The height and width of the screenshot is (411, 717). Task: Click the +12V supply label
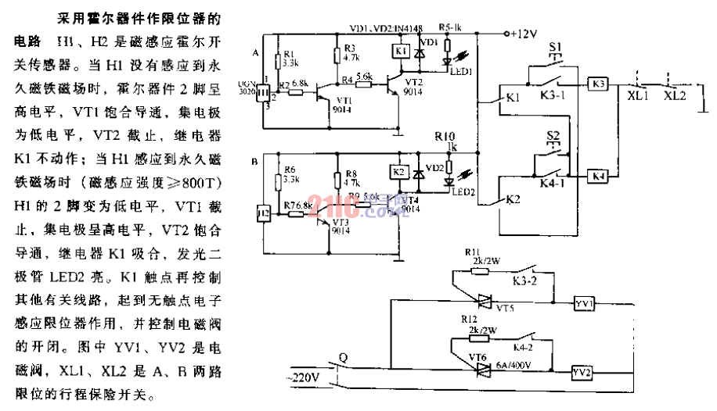(x=522, y=34)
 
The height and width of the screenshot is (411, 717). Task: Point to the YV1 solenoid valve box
(x=584, y=302)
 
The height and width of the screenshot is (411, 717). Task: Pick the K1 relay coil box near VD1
(x=399, y=51)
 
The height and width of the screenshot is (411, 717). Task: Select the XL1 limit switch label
(x=638, y=96)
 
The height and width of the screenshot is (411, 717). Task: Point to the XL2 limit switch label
(x=675, y=96)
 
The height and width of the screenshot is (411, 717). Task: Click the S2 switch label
(x=554, y=137)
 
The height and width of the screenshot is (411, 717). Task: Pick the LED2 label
(x=462, y=191)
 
